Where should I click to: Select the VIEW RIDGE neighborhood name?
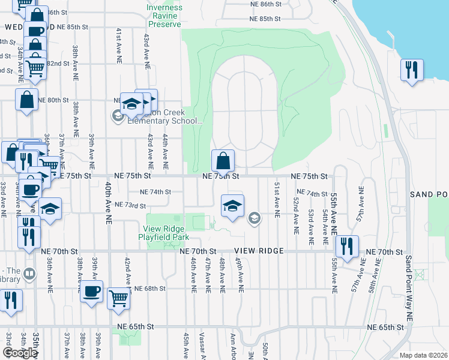(258, 251)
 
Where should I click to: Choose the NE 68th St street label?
(149, 289)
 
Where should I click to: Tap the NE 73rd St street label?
(130, 206)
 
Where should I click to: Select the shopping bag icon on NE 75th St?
(223, 161)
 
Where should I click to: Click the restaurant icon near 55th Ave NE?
(347, 246)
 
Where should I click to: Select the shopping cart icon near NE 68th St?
(119, 297)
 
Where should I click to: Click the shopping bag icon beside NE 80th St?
(27, 100)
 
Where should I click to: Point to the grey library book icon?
(30, 275)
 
